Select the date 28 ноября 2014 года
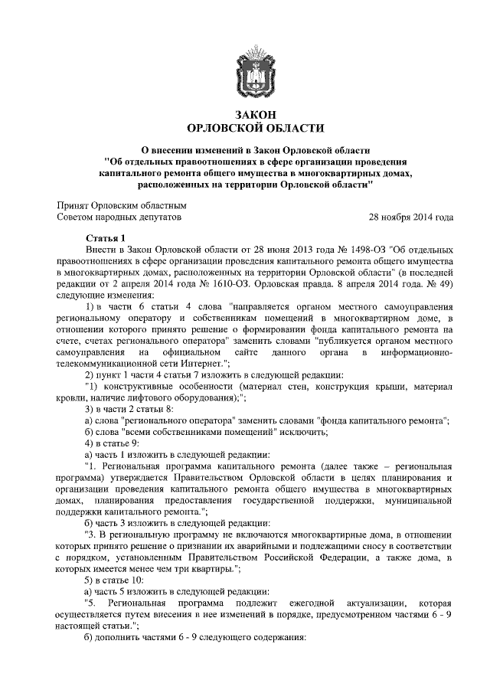(411, 217)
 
